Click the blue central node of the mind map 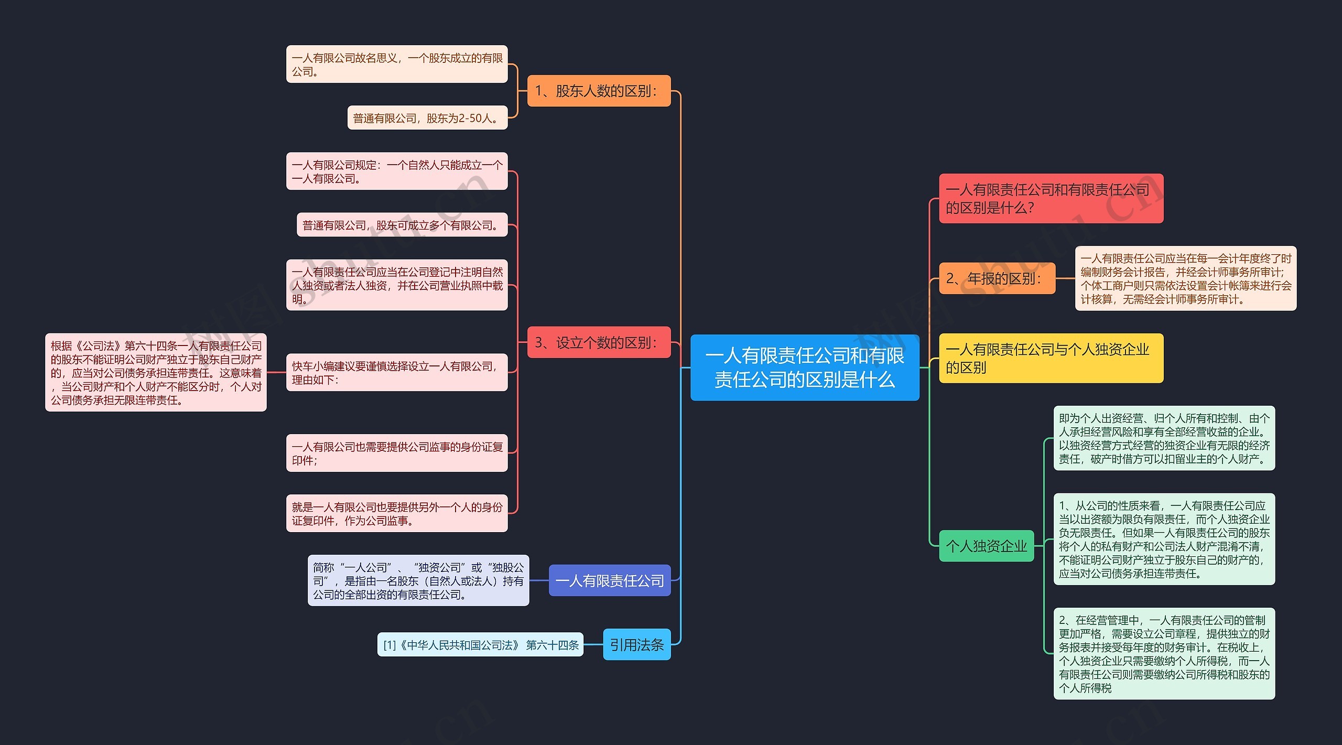[x=804, y=367]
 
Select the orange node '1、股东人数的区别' [x=599, y=91]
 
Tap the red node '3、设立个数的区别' [x=599, y=342]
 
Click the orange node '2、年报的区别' [x=997, y=278]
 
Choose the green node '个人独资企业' [x=986, y=546]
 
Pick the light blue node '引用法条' [x=636, y=644]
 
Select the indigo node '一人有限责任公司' [x=609, y=580]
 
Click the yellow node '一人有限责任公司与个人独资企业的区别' [x=1051, y=358]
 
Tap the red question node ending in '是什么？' [x=1051, y=198]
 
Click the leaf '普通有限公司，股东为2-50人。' [x=427, y=118]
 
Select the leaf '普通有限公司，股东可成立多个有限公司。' [x=402, y=225]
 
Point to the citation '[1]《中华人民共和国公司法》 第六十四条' [x=480, y=644]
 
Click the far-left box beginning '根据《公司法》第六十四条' [x=156, y=372]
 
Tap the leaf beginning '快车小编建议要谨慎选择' [x=397, y=372]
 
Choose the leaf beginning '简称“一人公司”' [x=418, y=580]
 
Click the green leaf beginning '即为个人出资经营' [x=1164, y=438]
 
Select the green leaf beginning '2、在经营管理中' [x=1164, y=653]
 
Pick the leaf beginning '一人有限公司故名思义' [x=397, y=64]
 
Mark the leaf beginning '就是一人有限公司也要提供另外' [x=397, y=513]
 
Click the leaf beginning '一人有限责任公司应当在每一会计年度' [x=1185, y=278]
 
